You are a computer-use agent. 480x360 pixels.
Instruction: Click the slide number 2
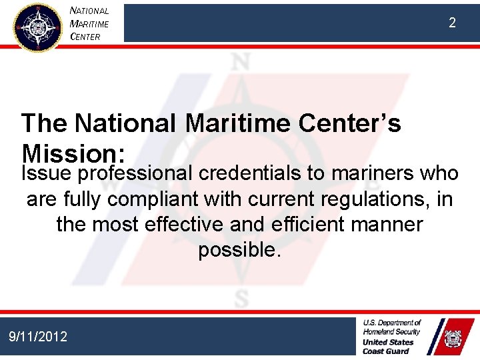coord(452,23)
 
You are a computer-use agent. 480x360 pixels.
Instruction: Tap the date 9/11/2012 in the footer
coord(38,337)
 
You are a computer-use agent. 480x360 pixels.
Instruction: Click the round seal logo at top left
coord(37,27)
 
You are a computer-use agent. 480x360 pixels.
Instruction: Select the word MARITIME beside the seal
coord(89,24)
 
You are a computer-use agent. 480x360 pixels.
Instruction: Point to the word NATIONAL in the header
coord(89,11)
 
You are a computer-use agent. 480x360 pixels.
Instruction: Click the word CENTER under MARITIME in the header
coord(85,37)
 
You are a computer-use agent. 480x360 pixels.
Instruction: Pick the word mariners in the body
coord(370,174)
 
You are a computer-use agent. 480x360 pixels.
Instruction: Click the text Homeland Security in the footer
coord(392,331)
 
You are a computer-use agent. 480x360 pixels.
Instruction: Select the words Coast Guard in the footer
coord(387,351)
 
